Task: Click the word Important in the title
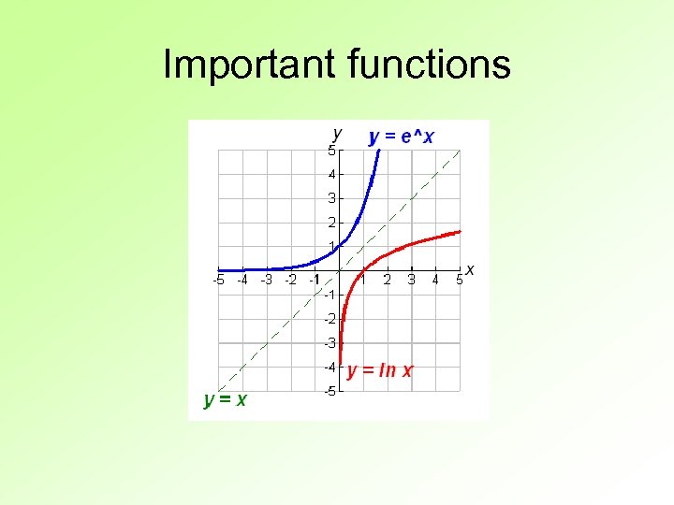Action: pos(248,65)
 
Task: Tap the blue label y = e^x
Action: pos(402,137)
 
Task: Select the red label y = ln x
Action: pos(380,370)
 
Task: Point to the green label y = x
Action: pos(226,400)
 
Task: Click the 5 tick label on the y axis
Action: pos(331,151)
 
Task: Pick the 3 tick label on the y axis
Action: pos(331,198)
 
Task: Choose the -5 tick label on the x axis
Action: pos(218,280)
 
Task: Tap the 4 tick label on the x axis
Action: pos(435,280)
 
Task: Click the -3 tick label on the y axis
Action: pos(330,343)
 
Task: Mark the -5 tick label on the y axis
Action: pos(330,391)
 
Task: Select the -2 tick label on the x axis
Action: pos(290,280)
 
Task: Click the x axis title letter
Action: pos(470,270)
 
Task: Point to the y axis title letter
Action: pos(337,133)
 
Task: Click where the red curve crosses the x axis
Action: pos(363,270)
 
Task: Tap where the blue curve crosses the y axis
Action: pos(339,246)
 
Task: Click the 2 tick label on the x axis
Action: pos(388,280)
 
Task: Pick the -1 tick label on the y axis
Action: pos(330,295)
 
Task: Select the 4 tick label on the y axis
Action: pos(331,174)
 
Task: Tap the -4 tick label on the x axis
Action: pos(242,280)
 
